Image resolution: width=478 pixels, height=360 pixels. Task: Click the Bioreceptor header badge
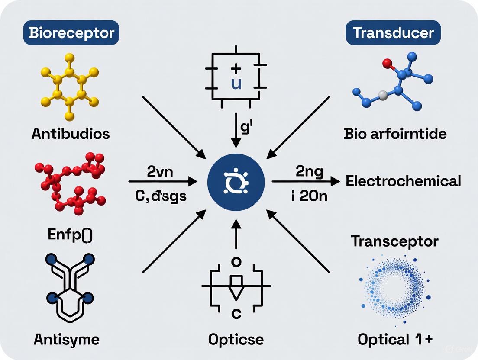[x=71, y=33]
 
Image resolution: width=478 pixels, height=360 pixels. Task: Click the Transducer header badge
[x=393, y=33]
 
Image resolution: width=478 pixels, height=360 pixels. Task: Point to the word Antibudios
[x=71, y=133]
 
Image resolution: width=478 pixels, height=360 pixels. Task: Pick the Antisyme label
[x=66, y=339]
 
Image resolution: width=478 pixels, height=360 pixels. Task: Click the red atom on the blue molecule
[x=388, y=65]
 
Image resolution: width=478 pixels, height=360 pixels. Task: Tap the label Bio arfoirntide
[x=395, y=133]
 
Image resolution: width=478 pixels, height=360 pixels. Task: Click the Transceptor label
[x=394, y=241]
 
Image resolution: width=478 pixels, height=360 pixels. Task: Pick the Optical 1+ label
[x=394, y=340]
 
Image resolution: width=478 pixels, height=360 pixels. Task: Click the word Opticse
[x=236, y=339]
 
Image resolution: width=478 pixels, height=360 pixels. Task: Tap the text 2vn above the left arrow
[x=160, y=172]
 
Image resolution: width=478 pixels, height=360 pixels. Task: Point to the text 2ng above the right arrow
[x=309, y=172]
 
